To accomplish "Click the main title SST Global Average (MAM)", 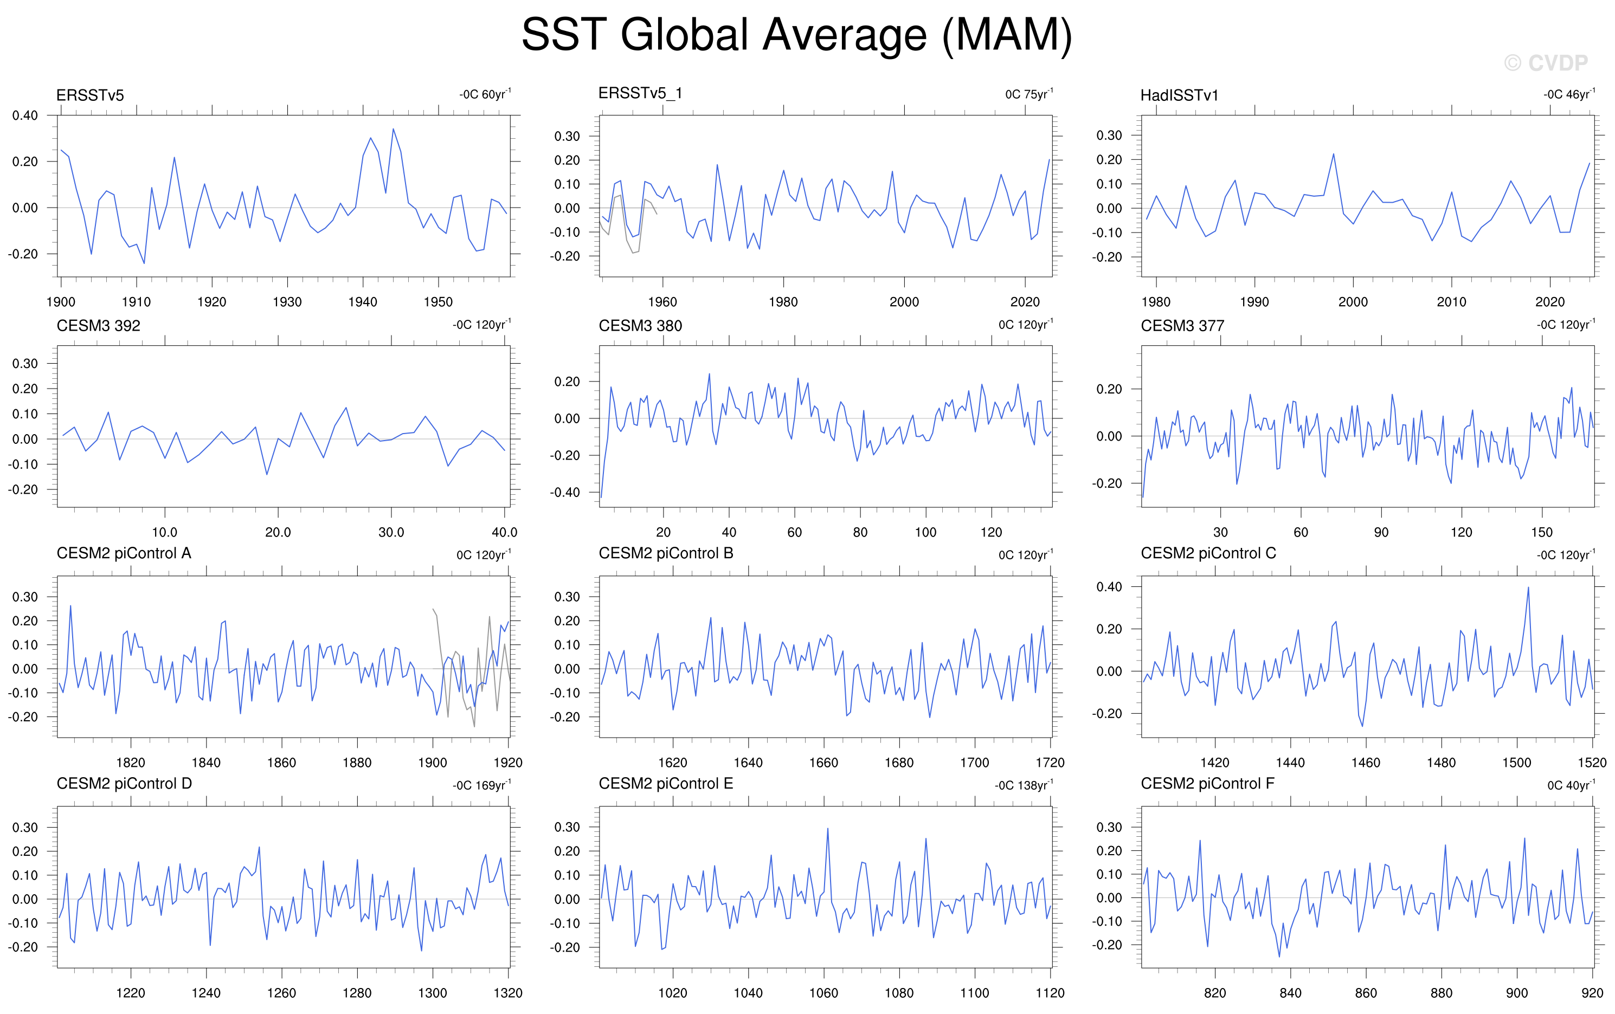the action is [x=797, y=35].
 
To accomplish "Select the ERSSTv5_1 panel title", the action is [x=640, y=93].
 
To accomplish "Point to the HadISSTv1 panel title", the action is [x=1179, y=95].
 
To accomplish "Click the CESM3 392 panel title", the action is [x=99, y=326].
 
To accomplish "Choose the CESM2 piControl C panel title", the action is [x=1208, y=553].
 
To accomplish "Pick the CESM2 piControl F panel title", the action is [x=1207, y=783].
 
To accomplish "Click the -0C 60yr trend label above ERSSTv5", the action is [x=485, y=94].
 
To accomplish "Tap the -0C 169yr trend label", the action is [x=481, y=785].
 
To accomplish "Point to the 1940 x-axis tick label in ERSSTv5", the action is [x=363, y=302].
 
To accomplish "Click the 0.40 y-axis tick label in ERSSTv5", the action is [x=25, y=115].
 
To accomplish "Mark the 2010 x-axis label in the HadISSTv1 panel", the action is [x=1451, y=302].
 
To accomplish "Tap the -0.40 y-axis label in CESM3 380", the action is [x=565, y=492].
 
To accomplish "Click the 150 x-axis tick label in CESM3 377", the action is [x=1541, y=533].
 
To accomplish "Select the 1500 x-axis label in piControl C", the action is [x=1516, y=763].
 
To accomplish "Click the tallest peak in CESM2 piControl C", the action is [x=1528, y=587].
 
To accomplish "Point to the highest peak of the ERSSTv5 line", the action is [x=393, y=129].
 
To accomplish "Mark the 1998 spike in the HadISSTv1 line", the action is [x=1333, y=154].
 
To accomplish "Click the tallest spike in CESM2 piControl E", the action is [x=828, y=828].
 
